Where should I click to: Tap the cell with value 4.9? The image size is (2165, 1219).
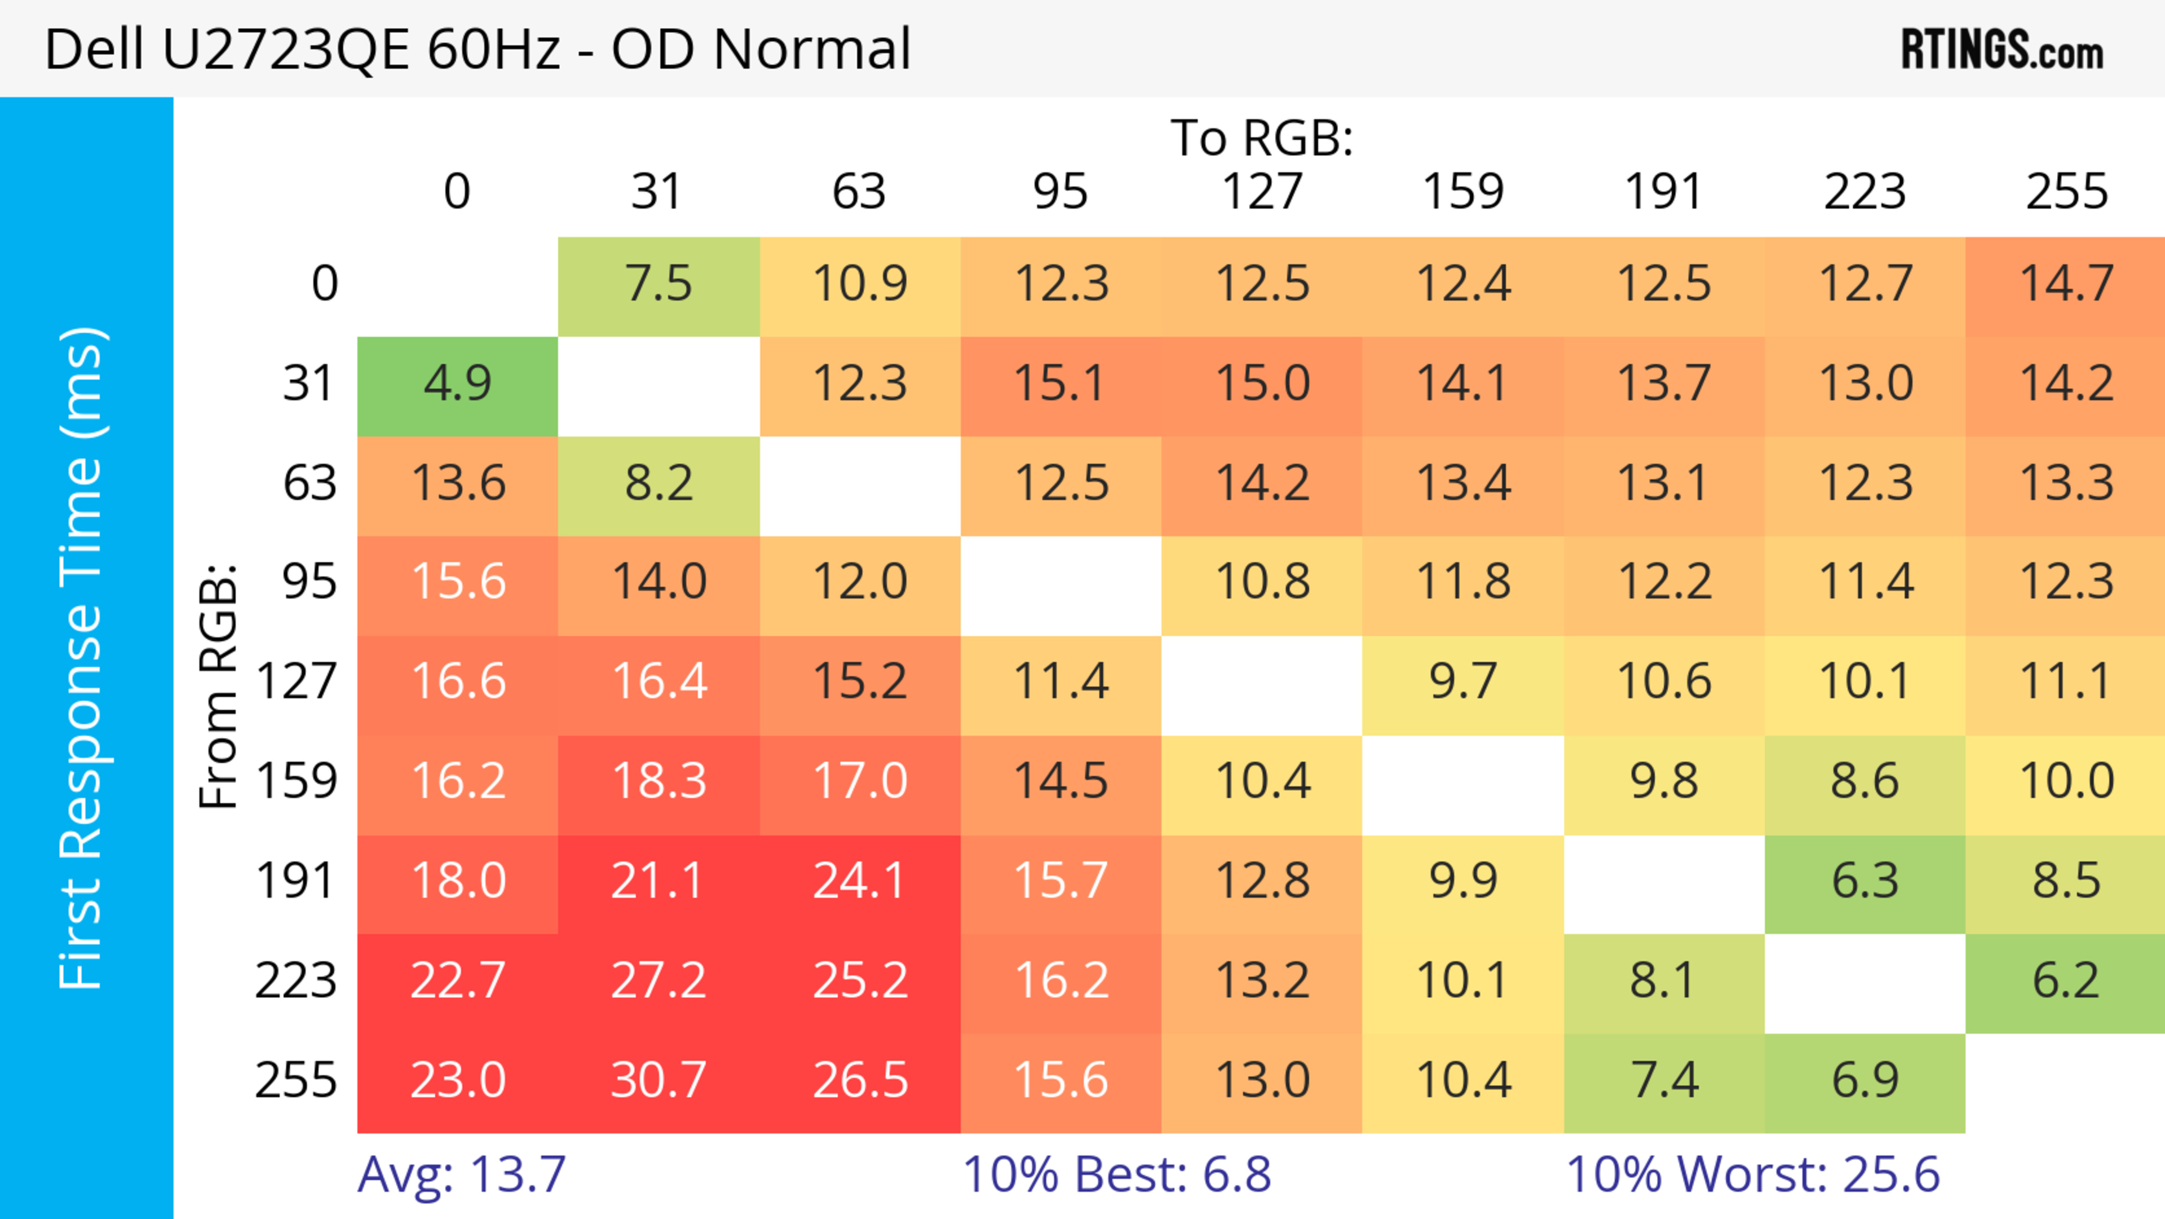click(457, 384)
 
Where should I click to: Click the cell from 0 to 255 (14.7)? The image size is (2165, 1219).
click(2066, 284)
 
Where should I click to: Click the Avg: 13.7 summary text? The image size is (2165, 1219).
click(461, 1174)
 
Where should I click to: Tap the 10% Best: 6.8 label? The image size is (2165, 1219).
click(1116, 1174)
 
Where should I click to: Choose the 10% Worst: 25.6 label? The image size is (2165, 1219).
click(1752, 1174)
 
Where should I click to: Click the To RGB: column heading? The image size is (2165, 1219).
click(1262, 138)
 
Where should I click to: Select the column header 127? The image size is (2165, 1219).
click(1262, 192)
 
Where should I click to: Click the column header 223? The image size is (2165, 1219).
click(1865, 192)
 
